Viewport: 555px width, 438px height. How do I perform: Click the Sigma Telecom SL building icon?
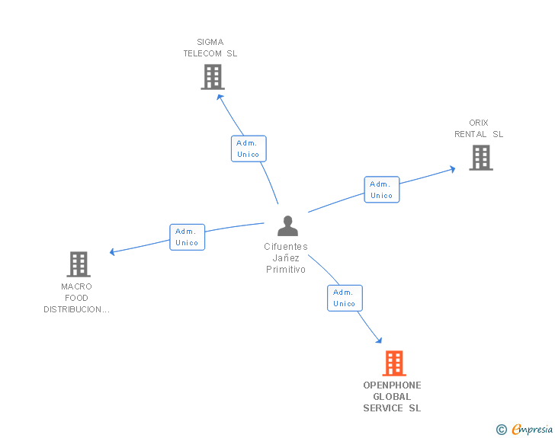213,77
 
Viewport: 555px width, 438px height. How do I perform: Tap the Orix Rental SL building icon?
480,158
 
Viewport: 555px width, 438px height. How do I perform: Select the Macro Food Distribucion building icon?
79,264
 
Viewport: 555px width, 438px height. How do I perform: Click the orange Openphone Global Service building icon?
393,363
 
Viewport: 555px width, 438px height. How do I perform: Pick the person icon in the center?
287,226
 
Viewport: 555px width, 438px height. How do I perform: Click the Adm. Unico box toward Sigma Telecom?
249,149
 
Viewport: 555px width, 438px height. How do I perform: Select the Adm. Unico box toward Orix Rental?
381,190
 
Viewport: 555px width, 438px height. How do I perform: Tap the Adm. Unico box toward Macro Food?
187,237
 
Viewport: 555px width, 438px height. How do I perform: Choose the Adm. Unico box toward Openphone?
345,298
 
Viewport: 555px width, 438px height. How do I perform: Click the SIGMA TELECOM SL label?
210,48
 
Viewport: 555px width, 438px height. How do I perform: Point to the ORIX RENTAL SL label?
479,129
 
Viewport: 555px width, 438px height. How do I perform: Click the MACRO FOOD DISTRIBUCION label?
76,298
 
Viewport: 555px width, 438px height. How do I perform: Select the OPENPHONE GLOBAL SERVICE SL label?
392,397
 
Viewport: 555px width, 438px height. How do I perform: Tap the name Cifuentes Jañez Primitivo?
286,258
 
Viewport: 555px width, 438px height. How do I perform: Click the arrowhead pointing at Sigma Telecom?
220,95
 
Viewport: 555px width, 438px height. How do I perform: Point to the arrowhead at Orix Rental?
452,168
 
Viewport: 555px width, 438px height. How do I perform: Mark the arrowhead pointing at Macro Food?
113,251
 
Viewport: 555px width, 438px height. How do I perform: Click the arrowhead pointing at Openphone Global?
377,340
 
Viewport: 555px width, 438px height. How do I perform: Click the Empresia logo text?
532,430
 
